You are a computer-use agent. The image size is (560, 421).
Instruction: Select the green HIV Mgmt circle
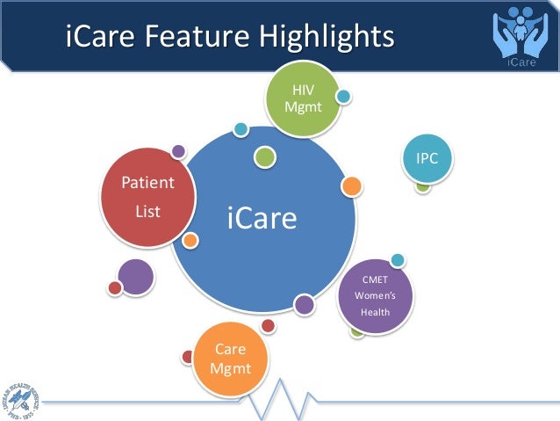coord(302,99)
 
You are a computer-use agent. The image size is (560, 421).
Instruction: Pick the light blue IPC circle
coord(427,158)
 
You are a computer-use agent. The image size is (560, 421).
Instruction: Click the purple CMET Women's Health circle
coord(376,296)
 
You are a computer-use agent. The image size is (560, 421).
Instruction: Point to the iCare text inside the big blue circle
coord(262,218)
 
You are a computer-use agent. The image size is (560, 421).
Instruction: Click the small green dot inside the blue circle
coord(265,157)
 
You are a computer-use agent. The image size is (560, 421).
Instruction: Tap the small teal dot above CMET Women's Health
coord(398,259)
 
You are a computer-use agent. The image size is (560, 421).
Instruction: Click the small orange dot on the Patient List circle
coord(190,240)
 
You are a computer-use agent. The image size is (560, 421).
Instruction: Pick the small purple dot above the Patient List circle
coord(178,151)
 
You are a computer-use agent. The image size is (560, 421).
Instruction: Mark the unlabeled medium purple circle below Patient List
coord(135,277)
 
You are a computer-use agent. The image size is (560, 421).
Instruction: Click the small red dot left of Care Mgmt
coord(187,357)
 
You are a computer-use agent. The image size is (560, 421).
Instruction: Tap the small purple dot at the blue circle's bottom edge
coord(304,305)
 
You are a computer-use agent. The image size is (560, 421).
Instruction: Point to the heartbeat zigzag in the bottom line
coord(279,400)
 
